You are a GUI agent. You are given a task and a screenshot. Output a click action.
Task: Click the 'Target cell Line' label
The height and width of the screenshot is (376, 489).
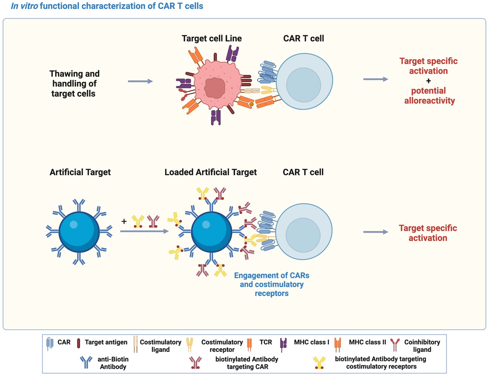pyautogui.click(x=211, y=39)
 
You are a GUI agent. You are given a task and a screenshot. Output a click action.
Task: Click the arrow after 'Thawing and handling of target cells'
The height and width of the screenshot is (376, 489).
pyautogui.click(x=140, y=81)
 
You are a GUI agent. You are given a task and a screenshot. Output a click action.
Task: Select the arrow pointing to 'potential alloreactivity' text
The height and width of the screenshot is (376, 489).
pyautogui.click(x=375, y=79)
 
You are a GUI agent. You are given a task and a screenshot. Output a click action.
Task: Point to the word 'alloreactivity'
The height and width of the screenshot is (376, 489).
pyautogui.click(x=429, y=101)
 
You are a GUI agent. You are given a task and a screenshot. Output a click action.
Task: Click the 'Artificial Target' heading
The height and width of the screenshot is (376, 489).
pyautogui.click(x=80, y=172)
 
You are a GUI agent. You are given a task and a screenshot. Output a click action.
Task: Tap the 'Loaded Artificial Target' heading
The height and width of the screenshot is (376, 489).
pyautogui.click(x=210, y=172)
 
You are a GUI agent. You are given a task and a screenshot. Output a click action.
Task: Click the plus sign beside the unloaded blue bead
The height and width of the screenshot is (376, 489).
pyautogui.click(x=124, y=221)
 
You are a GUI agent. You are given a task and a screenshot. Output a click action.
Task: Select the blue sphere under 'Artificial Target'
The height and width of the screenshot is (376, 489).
pyautogui.click(x=79, y=232)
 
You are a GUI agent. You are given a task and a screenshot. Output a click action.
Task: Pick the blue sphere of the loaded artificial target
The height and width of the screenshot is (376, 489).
pyautogui.click(x=211, y=232)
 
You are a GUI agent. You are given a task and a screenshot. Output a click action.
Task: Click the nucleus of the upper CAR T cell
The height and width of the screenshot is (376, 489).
pyautogui.click(x=304, y=85)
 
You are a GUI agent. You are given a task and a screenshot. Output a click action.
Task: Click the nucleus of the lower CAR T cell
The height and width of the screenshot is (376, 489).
pyautogui.click(x=303, y=235)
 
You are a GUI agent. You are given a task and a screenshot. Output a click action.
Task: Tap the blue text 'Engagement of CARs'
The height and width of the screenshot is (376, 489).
pyautogui.click(x=271, y=276)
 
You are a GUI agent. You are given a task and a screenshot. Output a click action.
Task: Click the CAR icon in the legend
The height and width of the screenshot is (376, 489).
pyautogui.click(x=50, y=343)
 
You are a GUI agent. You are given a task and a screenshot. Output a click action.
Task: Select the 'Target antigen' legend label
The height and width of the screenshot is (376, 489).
pyautogui.click(x=106, y=342)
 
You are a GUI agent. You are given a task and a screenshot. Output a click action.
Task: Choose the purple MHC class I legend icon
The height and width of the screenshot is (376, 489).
pyautogui.click(x=283, y=344)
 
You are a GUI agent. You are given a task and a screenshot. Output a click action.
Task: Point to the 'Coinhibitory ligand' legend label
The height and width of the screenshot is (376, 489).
pyautogui.click(x=422, y=346)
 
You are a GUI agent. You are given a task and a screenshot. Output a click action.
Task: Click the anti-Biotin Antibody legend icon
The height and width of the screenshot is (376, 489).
pyautogui.click(x=86, y=362)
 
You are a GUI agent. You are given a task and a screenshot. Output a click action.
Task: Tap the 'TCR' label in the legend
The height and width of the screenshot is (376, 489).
pyautogui.click(x=265, y=342)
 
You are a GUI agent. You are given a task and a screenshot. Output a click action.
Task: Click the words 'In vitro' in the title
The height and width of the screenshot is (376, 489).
pyautogui.click(x=24, y=6)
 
